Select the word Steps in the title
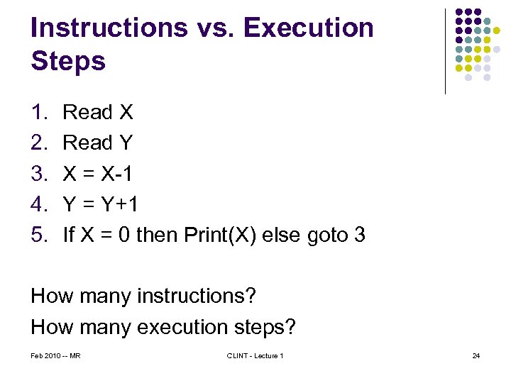[68, 60]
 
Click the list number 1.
[38, 112]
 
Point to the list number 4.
[38, 204]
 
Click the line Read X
[98, 112]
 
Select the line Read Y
[98, 143]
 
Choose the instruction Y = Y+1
[101, 204]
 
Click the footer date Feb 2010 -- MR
[55, 355]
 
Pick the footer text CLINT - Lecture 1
[255, 355]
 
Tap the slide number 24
[476, 355]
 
